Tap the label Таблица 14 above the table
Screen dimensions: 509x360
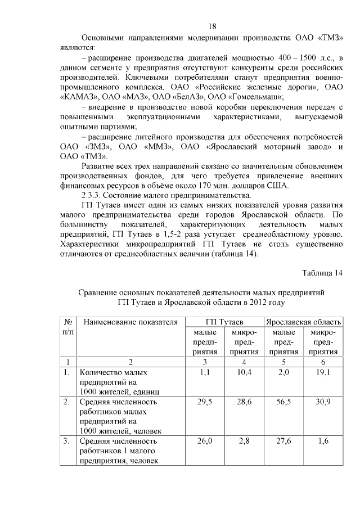tap(322, 273)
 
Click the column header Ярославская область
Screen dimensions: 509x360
tap(303, 322)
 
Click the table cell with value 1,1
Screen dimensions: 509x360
tap(204, 372)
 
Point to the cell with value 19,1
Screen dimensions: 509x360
tap(323, 372)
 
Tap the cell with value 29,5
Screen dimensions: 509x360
tap(204, 402)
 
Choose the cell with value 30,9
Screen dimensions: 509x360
tap(323, 402)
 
